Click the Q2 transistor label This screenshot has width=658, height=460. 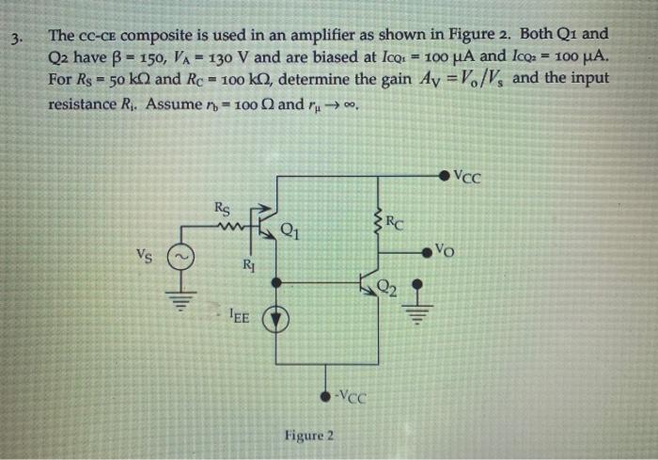[x=386, y=287]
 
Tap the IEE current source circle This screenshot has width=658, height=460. [x=274, y=318]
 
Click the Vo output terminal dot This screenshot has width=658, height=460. [x=434, y=251]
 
